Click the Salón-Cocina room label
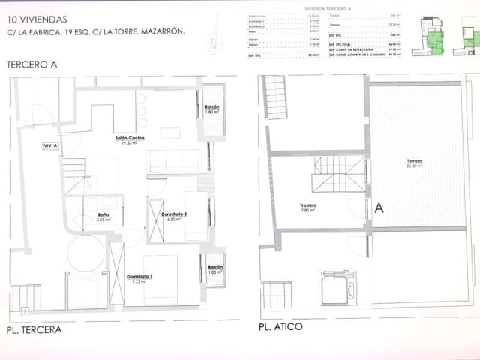point(130,139)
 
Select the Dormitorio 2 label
point(174,214)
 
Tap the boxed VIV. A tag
point(52,146)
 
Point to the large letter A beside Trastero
point(379,208)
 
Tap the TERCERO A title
point(31,65)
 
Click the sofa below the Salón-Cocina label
point(173,160)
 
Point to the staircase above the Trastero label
point(339,172)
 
